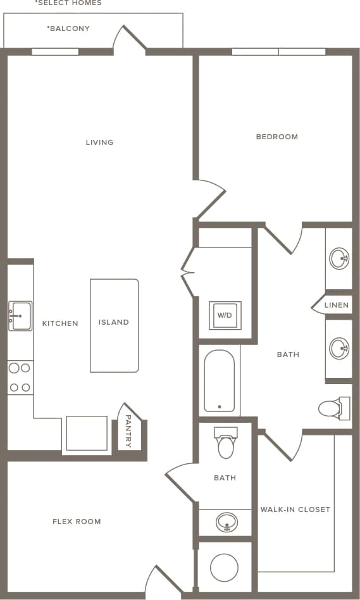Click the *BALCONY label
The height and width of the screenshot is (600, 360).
point(68,28)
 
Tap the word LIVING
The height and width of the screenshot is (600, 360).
point(99,142)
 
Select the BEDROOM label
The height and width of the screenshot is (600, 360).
point(276,137)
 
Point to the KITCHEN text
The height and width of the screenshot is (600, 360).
point(60,323)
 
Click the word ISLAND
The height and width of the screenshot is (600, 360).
point(114,322)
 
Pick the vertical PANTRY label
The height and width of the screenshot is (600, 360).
point(128,431)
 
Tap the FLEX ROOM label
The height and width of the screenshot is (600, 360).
point(77,522)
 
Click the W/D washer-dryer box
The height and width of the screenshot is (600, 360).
point(225,315)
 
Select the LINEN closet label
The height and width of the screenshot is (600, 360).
point(336,305)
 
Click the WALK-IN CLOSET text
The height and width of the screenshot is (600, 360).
point(295,509)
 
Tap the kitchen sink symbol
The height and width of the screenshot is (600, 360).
point(20,315)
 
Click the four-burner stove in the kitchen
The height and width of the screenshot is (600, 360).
point(20,378)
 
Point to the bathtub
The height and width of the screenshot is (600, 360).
point(219,381)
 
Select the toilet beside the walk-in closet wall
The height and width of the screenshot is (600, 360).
point(333,408)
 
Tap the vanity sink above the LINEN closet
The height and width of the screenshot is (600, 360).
point(339,258)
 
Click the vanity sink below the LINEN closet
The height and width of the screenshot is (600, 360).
point(339,348)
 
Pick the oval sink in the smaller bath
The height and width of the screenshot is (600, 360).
point(226,522)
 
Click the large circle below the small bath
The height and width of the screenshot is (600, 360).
point(224,568)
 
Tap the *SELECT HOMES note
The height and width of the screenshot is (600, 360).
point(68,3)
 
